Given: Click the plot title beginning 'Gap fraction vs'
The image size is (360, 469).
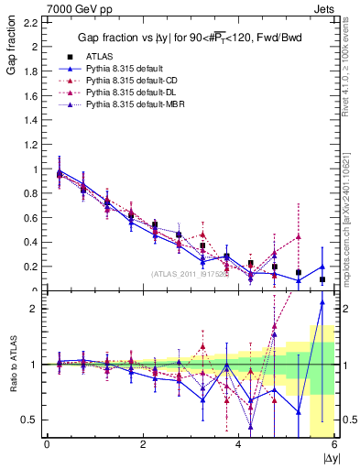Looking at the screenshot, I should coord(191,38).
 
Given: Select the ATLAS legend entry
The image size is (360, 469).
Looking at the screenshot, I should coord(96,56).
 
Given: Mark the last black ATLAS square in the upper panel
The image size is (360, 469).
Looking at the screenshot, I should coord(322,279).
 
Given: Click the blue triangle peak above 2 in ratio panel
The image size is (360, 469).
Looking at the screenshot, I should coord(322,302).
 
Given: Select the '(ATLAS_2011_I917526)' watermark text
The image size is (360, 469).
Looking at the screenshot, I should coord(189,274).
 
